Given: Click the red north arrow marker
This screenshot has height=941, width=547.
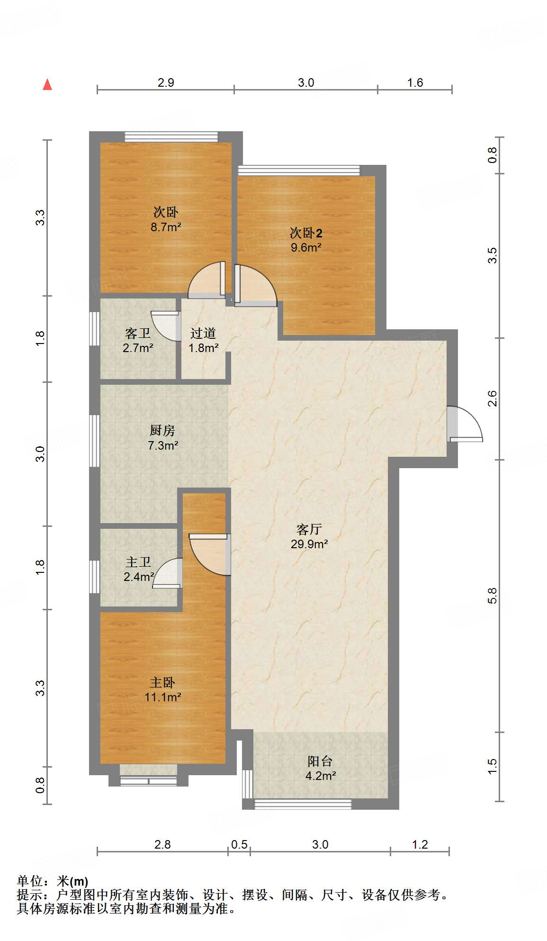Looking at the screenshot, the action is pyautogui.click(x=47, y=84).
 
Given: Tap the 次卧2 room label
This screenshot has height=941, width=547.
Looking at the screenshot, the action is pyautogui.click(x=306, y=233).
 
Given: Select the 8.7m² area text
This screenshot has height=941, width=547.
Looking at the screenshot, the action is pyautogui.click(x=166, y=227).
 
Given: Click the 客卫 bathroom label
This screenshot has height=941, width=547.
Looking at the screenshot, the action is pyautogui.click(x=138, y=334).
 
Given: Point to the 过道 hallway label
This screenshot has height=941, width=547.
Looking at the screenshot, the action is pyautogui.click(x=203, y=334).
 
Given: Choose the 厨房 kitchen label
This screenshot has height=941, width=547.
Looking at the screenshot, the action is pyautogui.click(x=162, y=430).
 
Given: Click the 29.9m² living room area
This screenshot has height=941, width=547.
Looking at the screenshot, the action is pyautogui.click(x=309, y=544).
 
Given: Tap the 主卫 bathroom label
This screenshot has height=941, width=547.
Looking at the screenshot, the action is pyautogui.click(x=138, y=562).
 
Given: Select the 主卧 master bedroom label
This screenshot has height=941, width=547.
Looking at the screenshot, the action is pyautogui.click(x=162, y=682).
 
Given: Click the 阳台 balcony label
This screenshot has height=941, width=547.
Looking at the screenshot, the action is pyautogui.click(x=320, y=761).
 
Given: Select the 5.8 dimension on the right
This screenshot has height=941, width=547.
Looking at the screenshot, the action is pyautogui.click(x=493, y=596).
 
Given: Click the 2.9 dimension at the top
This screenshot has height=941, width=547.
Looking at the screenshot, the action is pyautogui.click(x=166, y=82).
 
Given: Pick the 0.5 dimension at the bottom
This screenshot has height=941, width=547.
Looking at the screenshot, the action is pyautogui.click(x=239, y=844).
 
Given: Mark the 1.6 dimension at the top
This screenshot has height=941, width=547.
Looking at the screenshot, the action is pyautogui.click(x=415, y=82).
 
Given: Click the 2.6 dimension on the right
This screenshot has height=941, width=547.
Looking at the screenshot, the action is pyautogui.click(x=493, y=398).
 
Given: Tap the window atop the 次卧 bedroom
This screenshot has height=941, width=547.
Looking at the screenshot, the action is pyautogui.click(x=171, y=137).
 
